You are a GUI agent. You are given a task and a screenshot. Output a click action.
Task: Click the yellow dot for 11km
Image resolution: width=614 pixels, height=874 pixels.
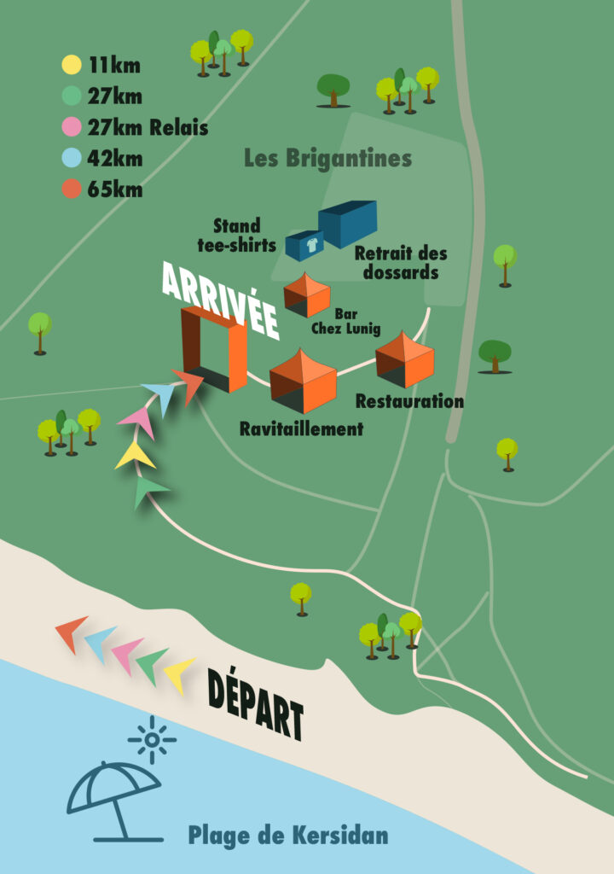pyautogui.click(x=72, y=64)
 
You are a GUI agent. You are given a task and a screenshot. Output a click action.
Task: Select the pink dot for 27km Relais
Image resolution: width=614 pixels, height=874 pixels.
pyautogui.click(x=72, y=128)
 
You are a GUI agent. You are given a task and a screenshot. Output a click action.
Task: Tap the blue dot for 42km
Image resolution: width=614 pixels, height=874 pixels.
pyautogui.click(x=72, y=159)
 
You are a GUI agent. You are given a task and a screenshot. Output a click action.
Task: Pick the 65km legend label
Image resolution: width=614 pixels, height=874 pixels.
pyautogui.click(x=114, y=189)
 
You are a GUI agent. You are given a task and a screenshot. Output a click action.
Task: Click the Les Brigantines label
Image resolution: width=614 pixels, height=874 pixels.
pyautogui.click(x=327, y=159)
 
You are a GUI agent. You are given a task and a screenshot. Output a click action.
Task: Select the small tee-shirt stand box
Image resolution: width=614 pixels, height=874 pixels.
pyautogui.click(x=304, y=246)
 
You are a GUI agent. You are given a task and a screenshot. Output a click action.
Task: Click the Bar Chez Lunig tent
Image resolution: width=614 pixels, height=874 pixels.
pyautogui.click(x=307, y=294)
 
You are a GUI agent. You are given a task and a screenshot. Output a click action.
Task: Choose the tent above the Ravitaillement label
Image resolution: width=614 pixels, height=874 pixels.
pyautogui.click(x=303, y=381)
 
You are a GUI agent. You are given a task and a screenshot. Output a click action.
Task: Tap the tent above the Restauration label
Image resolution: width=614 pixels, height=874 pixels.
pyautogui.click(x=405, y=359)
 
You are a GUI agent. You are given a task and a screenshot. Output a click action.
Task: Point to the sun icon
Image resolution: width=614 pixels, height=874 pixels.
pyautogui.click(x=152, y=739)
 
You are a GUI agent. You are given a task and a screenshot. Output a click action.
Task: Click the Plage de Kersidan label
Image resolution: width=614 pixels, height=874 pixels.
pyautogui.click(x=287, y=834)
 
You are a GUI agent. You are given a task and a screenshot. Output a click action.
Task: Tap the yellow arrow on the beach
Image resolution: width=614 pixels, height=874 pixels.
pyautogui.click(x=179, y=674)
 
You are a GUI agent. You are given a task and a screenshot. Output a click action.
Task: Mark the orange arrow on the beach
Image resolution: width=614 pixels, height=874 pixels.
pyautogui.click(x=71, y=633)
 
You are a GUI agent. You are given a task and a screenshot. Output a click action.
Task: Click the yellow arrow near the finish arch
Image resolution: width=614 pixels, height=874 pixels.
pyautogui.click(x=134, y=456)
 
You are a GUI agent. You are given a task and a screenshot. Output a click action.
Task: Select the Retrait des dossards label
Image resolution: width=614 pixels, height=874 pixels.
pyautogui.click(x=400, y=263)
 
